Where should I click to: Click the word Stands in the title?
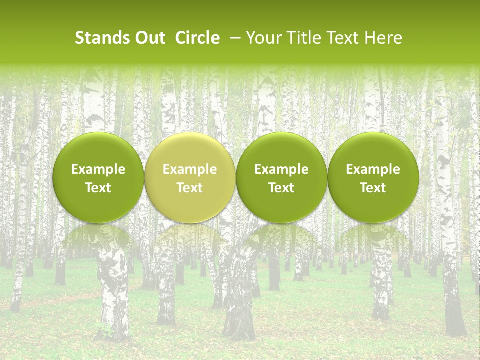(99, 38)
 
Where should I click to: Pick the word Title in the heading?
(298, 38)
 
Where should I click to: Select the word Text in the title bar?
(340, 38)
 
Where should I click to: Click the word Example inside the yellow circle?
(190, 169)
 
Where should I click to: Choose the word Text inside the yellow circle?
(190, 188)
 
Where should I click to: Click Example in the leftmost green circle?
(98, 169)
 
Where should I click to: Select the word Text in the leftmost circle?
(98, 188)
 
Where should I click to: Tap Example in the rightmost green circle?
(373, 169)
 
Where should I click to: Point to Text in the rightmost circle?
(373, 188)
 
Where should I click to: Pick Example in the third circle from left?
(281, 169)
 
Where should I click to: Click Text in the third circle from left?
(281, 188)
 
